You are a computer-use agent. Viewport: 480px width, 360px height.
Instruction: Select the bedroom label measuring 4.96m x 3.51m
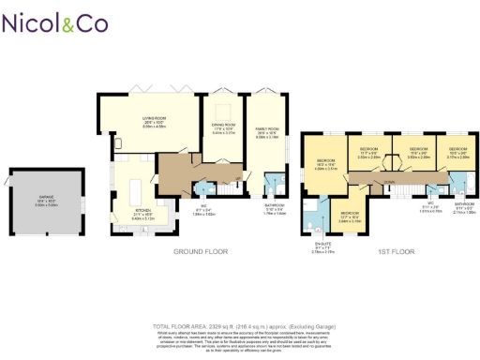[x=323, y=164]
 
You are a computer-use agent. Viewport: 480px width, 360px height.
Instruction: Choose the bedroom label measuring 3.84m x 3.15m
[x=350, y=215]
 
